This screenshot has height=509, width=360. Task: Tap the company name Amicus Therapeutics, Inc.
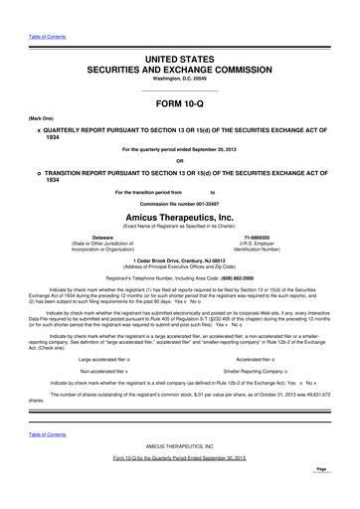tap(179, 215)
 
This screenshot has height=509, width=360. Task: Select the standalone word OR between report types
tap(179, 161)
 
